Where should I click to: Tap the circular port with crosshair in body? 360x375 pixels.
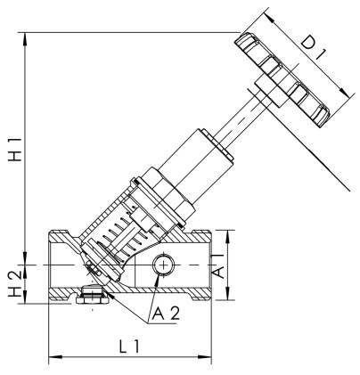(x=163, y=265)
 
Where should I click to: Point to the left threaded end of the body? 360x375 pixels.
(x=58, y=265)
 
